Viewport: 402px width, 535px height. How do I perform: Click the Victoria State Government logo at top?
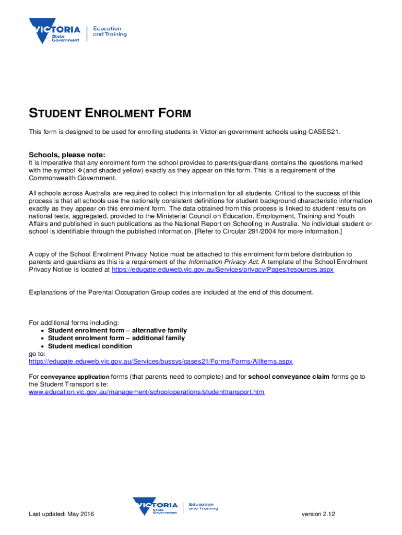pos(54,31)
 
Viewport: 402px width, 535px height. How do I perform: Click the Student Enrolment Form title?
pos(110,113)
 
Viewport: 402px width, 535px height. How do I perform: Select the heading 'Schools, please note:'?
pos(67,155)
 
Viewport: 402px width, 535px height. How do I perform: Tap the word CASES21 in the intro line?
pos(323,132)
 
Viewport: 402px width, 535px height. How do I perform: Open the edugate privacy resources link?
pos(222,270)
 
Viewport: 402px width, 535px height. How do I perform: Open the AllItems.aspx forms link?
pos(161,361)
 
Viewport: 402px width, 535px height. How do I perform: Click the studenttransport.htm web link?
pos(146,391)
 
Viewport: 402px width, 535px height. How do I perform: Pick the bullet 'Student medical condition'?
pos(90,346)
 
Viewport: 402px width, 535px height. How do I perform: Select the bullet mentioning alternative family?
pos(117,330)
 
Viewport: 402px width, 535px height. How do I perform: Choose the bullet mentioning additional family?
pos(116,338)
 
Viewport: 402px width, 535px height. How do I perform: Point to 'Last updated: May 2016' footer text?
pos(61,515)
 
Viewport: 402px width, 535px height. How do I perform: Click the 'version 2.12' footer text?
pos(318,515)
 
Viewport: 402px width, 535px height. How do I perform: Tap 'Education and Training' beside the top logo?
pos(110,31)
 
